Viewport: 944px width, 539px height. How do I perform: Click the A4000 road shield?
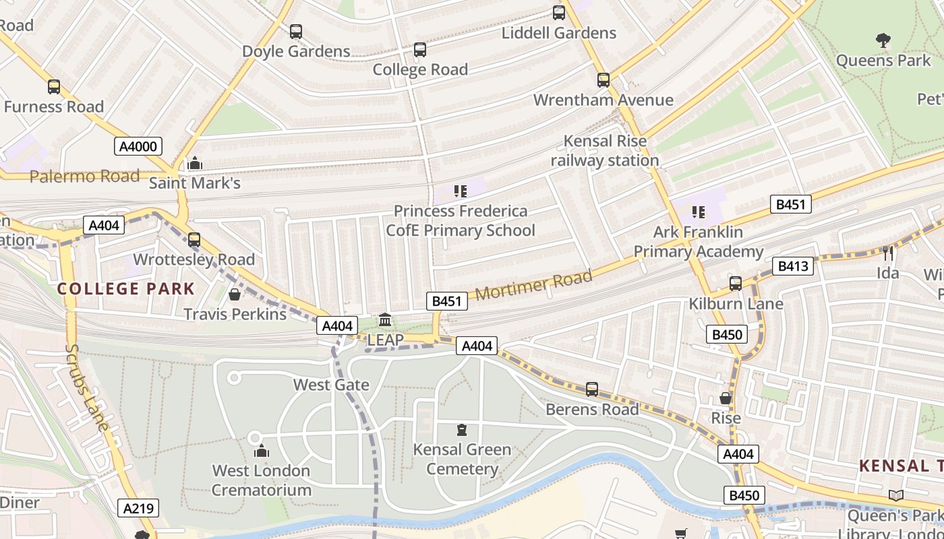pos(138,146)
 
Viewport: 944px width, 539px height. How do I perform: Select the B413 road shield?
pos(793,266)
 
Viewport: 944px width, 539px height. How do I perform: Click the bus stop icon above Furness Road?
pos(53,87)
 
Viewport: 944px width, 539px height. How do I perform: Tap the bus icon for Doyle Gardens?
pos(296,32)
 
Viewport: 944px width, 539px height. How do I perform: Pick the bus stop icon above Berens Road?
pos(591,389)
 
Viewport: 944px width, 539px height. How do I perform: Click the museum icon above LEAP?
pos(385,319)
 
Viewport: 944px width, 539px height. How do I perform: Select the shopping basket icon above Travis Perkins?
pos(235,294)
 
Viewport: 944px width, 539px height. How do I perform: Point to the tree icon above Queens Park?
pos(883,40)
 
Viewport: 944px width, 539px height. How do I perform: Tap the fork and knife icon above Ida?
pos(888,253)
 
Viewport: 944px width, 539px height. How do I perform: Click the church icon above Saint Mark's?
pos(195,163)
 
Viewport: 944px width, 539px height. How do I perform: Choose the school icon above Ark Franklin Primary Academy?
pos(698,212)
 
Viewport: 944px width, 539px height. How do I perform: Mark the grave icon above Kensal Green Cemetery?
pos(462,429)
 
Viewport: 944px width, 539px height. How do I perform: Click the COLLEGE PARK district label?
pos(125,289)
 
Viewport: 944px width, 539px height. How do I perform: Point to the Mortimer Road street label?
pos(534,284)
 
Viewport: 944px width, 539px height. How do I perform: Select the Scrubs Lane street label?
pos(87,387)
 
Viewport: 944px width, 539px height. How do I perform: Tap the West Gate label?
pos(331,385)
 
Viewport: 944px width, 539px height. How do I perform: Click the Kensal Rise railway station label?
pos(605,151)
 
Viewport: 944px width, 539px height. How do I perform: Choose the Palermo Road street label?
pos(84,177)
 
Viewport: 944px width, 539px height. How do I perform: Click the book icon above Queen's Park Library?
pos(895,496)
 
